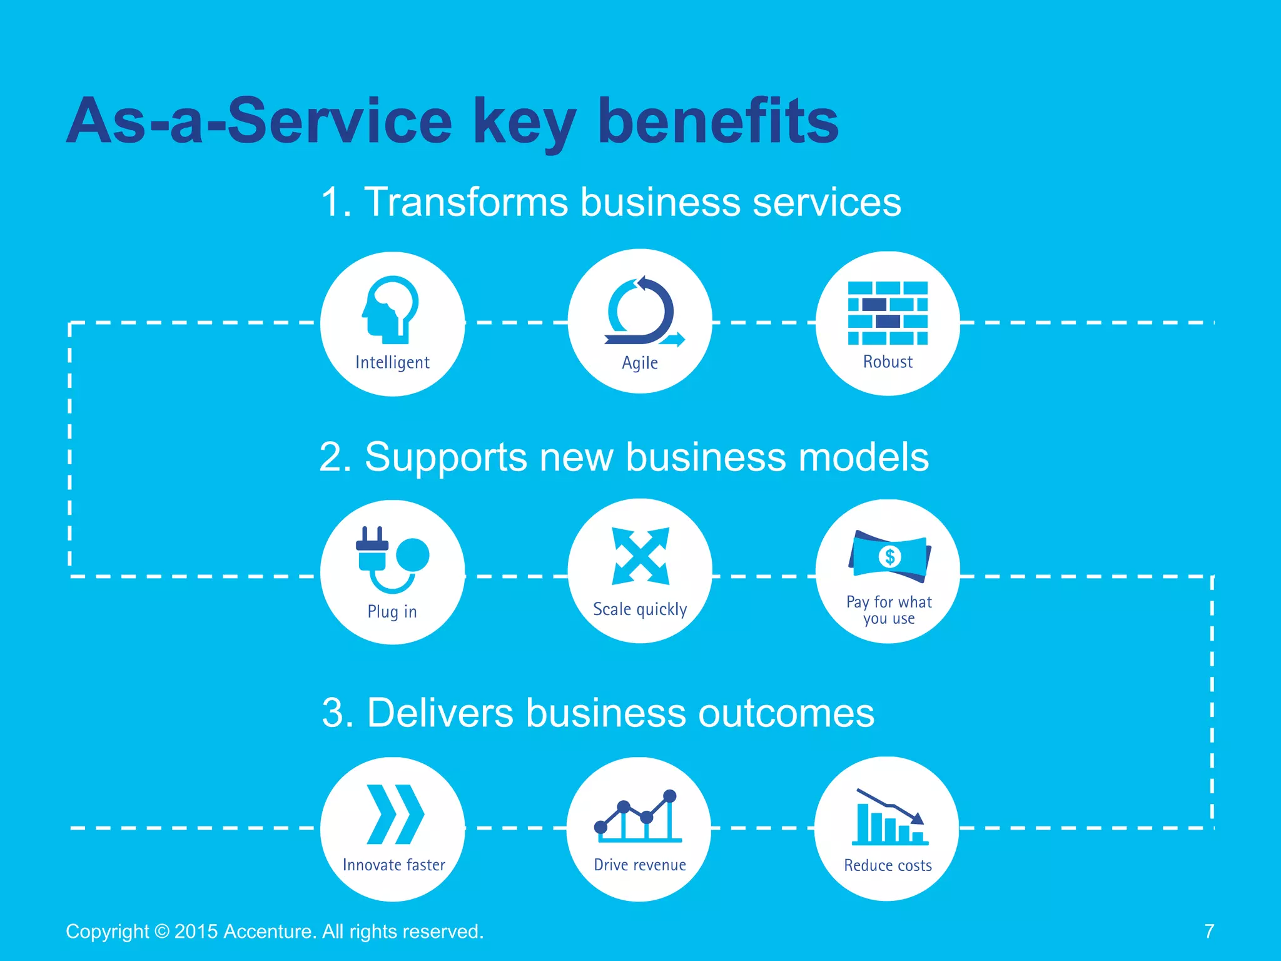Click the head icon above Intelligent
390,309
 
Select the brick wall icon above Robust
888,313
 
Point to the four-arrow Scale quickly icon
640,556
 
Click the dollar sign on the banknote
889,556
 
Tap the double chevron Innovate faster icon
395,814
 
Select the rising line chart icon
638,816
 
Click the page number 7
1209,931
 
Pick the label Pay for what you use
889,610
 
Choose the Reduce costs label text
888,865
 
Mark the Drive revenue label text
640,865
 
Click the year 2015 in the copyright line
196,932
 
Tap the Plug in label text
392,611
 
